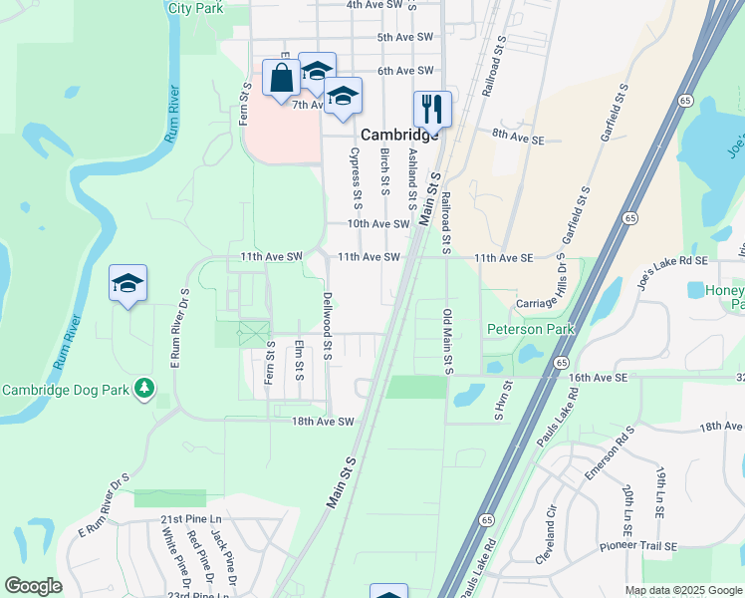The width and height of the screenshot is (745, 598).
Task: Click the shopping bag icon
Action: pyautogui.click(x=282, y=79)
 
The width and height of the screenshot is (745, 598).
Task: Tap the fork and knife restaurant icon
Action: pyautogui.click(x=432, y=108)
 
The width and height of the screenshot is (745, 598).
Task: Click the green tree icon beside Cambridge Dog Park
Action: pyautogui.click(x=145, y=386)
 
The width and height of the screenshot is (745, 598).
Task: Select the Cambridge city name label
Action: pyautogui.click(x=399, y=135)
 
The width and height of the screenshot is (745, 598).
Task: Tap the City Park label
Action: pyautogui.click(x=195, y=7)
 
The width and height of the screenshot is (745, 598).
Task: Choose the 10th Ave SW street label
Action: pyautogui.click(x=378, y=224)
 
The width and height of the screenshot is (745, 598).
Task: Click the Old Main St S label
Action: pyautogui.click(x=447, y=342)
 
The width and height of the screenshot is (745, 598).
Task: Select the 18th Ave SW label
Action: pyautogui.click(x=324, y=422)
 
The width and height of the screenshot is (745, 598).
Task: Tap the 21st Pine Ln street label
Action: pyautogui.click(x=190, y=520)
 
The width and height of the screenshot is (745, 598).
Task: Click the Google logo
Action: pyautogui.click(x=33, y=586)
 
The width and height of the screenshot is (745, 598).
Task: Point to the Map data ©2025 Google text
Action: pyautogui.click(x=683, y=590)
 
